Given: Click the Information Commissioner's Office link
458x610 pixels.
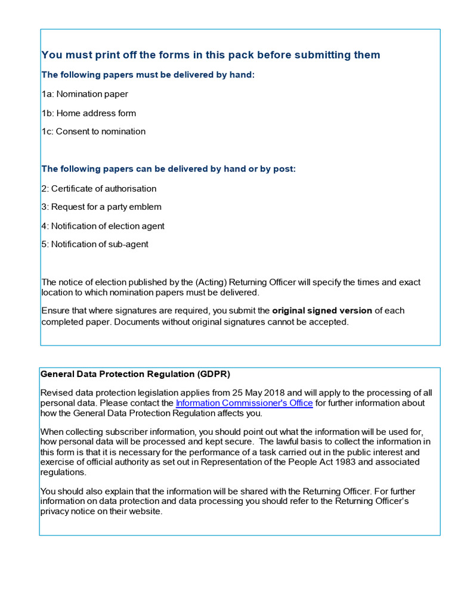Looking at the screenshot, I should pos(244,403).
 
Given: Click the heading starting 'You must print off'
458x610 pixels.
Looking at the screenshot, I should pos(211,55).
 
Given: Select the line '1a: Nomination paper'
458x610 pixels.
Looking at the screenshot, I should pos(85,94).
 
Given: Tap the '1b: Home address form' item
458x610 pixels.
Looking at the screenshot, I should pos(89,113).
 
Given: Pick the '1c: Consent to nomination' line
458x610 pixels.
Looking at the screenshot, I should pos(94,132).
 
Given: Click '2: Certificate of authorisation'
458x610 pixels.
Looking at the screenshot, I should pos(99,189).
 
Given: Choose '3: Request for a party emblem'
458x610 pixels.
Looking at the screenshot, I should pos(101,207).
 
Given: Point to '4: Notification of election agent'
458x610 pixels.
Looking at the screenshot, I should pos(103,226).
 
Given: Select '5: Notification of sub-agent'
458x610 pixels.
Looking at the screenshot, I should pos(95,244).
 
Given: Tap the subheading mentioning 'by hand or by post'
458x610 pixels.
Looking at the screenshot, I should pos(168,169).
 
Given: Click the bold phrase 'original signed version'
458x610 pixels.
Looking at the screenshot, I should pos(322,311).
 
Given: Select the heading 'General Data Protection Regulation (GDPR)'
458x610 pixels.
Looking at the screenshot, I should pos(135,375).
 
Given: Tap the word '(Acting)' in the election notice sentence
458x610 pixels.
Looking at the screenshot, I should pos(212,282).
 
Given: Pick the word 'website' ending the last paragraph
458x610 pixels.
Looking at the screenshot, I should pos(145,512).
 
